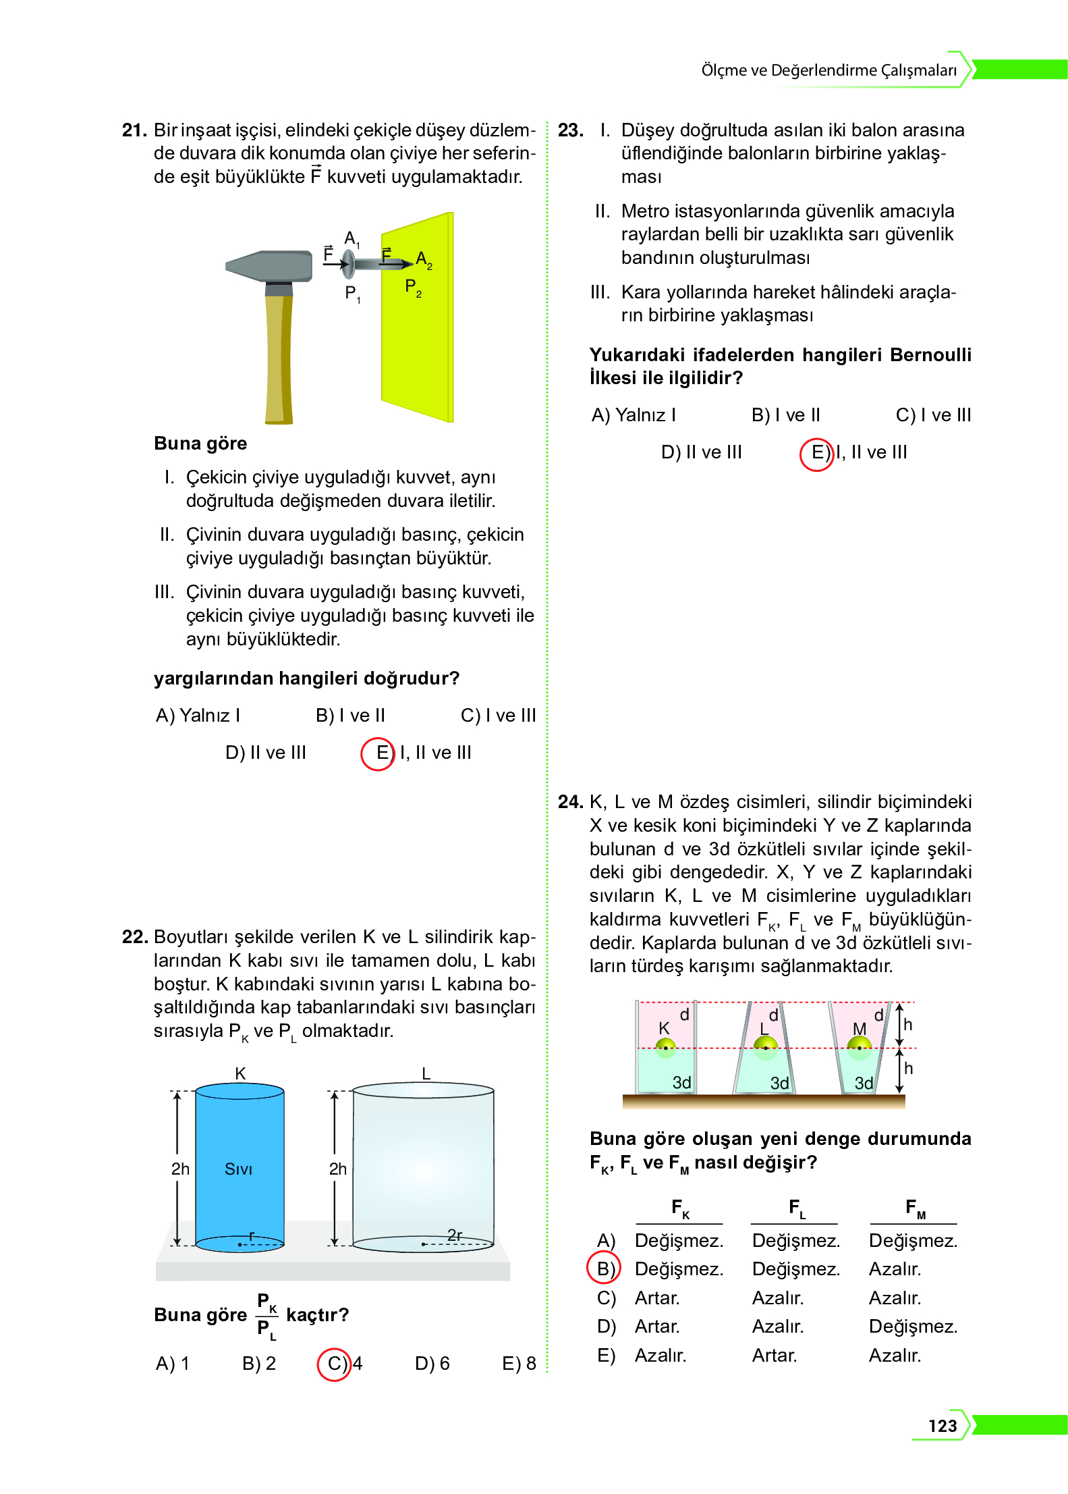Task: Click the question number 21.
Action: pos(134,130)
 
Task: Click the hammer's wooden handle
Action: pos(279,358)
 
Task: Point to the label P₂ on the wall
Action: pos(412,287)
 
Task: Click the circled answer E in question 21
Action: pos(378,753)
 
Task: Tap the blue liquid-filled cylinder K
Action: pos(240,1168)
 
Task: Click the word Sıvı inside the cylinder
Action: pos(238,1169)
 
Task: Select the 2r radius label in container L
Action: pos(455,1235)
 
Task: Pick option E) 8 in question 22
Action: pos(518,1364)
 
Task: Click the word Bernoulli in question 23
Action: pos(930,355)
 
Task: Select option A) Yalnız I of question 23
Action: pos(633,415)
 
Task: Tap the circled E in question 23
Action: pos(816,453)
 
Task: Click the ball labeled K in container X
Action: pos(665,1047)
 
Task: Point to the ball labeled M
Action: pos(859,1047)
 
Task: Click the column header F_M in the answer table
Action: pos(914,1208)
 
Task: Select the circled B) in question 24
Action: pos(604,1269)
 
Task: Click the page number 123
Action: pos(942,1425)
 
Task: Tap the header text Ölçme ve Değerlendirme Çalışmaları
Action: pos(828,70)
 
